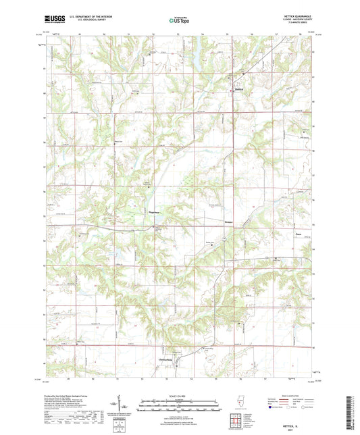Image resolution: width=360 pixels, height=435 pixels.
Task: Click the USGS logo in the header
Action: pos(53,20)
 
